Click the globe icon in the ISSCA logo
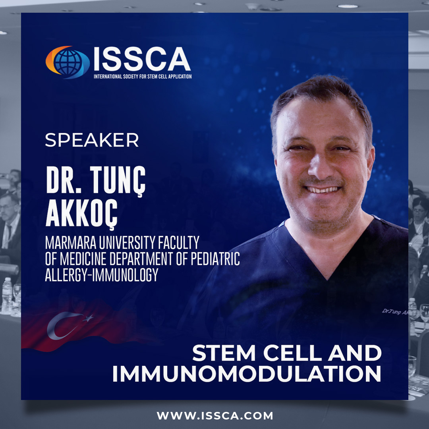coord(68,62)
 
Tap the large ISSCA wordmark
coord(142,59)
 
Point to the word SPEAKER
coord(92,140)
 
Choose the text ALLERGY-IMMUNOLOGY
coord(102,274)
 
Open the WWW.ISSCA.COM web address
coord(215,415)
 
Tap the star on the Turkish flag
coord(88,318)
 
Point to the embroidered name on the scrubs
coord(395,311)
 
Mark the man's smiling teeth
coord(322,189)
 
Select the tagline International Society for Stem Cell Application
coord(143,76)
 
